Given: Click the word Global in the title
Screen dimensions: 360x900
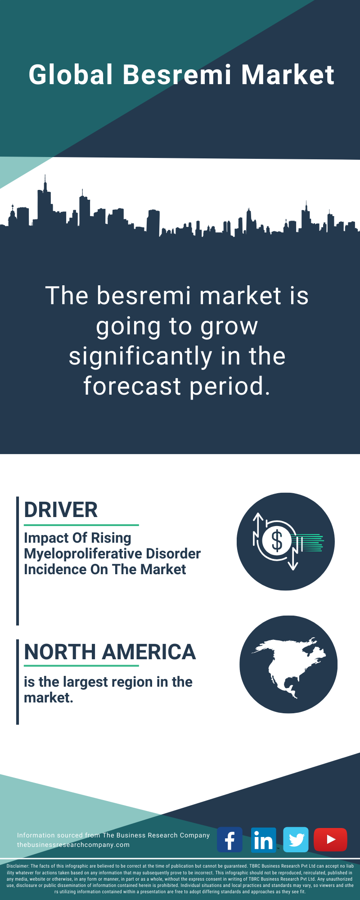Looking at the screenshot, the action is [71, 75].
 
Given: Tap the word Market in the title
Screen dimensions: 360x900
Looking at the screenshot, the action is [288, 75].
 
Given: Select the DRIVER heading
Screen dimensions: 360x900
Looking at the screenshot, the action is [61, 510].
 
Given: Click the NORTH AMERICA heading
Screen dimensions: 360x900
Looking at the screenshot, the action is [110, 652].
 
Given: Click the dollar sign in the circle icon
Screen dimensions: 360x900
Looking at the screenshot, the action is [277, 541].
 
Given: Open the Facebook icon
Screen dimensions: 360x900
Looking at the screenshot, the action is [229, 840].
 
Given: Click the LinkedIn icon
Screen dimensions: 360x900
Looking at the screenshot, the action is [263, 840].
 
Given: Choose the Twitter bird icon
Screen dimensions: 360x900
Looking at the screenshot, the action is [296, 840].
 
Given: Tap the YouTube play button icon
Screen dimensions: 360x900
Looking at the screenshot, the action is [330, 840].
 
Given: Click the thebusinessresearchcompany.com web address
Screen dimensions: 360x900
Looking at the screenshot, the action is [73, 845].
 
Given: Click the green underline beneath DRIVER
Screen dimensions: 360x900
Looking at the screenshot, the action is [81, 525].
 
